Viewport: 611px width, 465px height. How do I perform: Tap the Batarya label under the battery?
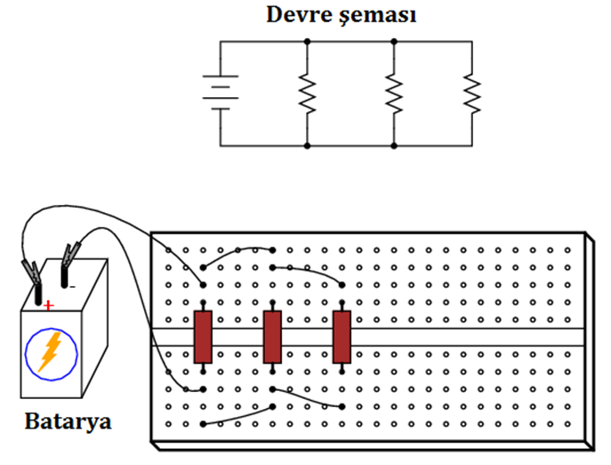(x=68, y=422)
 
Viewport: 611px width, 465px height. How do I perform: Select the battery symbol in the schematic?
(x=221, y=93)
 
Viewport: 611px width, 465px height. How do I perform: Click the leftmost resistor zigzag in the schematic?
(x=307, y=94)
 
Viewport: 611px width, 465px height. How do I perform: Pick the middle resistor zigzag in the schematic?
(x=394, y=94)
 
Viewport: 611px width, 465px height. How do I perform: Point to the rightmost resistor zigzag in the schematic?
(x=472, y=94)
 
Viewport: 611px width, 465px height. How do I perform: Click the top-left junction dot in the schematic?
(x=307, y=41)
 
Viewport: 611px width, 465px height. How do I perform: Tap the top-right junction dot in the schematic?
(x=394, y=41)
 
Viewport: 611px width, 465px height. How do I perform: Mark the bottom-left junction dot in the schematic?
(x=307, y=145)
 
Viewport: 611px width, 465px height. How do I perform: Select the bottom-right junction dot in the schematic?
(x=394, y=145)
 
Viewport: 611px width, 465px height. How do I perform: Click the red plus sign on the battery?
(x=48, y=306)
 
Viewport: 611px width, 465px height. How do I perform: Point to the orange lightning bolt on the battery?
(x=50, y=351)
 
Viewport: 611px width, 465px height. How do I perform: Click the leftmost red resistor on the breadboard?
(x=203, y=337)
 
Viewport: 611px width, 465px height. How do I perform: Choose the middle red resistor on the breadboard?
(x=272, y=337)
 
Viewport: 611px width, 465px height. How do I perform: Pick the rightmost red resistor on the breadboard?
(x=342, y=337)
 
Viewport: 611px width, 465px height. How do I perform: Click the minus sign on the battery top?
(x=72, y=288)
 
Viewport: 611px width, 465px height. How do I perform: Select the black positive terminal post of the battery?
(x=38, y=295)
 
